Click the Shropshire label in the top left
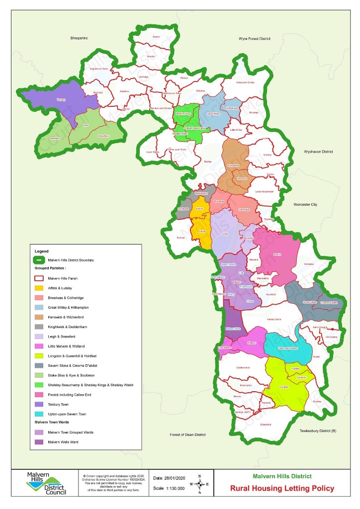tap(79, 38)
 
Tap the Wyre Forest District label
tap(254, 38)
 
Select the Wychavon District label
tap(318, 151)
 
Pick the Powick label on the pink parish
tap(277, 254)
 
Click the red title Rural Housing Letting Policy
tap(282, 488)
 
